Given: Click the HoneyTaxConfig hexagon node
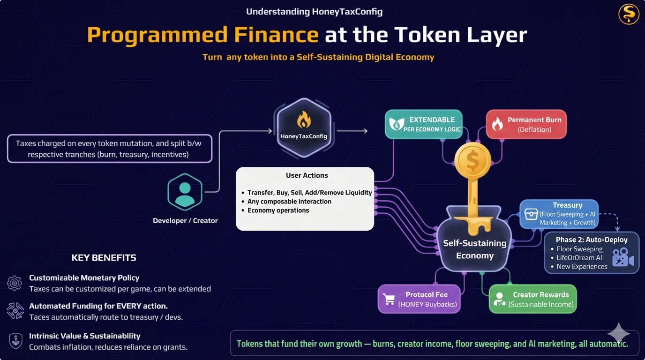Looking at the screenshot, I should click(304, 128).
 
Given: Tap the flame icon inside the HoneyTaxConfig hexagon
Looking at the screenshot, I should click(304, 120).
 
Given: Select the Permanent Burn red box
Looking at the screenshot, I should click(526, 124).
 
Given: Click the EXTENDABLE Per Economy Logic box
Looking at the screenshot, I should click(424, 124).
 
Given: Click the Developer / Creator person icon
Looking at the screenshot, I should click(185, 192).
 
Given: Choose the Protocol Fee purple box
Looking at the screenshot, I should click(419, 299).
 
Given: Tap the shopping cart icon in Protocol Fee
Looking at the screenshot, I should click(389, 299).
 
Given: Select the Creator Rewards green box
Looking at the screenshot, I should click(532, 299).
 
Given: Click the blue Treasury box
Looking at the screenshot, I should click(559, 214).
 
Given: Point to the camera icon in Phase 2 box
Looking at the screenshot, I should click(622, 257).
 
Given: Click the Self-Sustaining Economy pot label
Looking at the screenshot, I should click(474, 249).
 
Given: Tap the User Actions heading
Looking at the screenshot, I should click(307, 175).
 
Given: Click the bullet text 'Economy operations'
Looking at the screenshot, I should click(278, 210).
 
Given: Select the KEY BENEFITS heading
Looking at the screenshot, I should click(104, 258).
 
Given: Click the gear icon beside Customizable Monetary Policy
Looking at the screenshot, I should click(15, 283).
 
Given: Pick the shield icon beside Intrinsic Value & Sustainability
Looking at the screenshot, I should click(15, 340).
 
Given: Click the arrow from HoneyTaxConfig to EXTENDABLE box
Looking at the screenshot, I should click(352, 131).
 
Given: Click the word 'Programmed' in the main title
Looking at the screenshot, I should click(202, 35).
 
